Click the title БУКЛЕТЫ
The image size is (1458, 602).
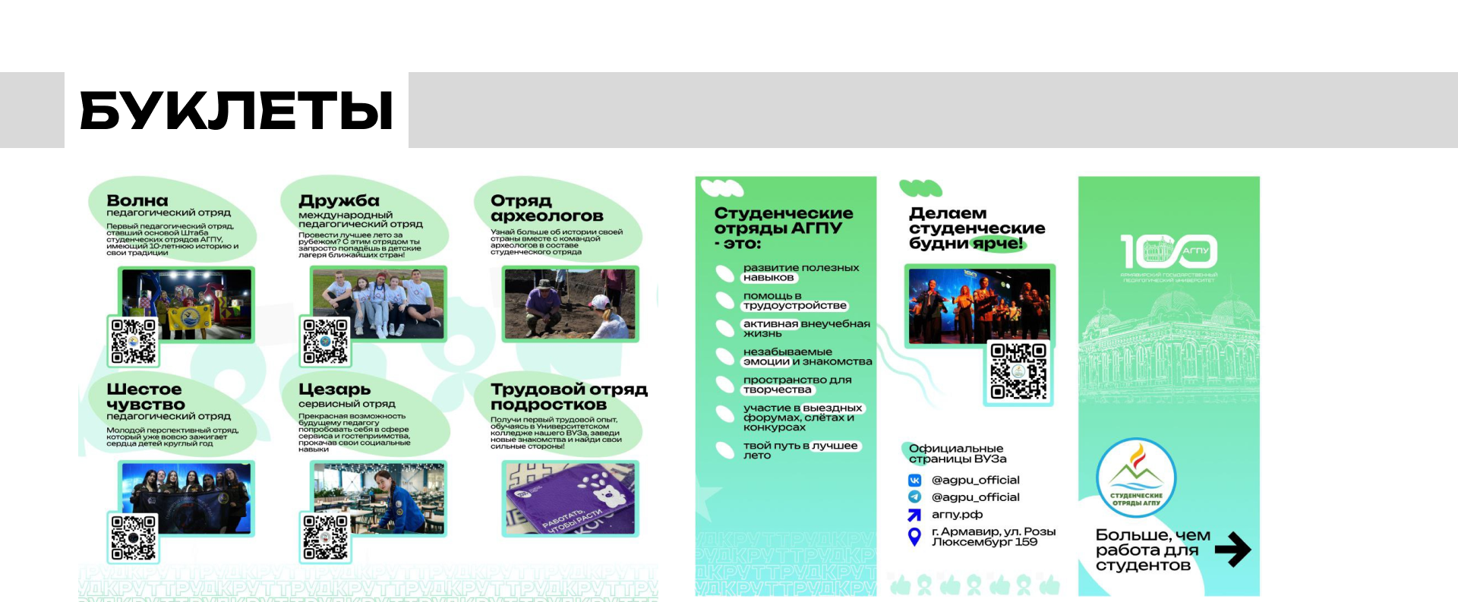(x=236, y=111)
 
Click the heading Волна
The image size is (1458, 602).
(x=137, y=200)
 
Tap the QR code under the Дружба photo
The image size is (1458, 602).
(x=326, y=341)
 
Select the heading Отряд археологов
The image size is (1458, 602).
(x=547, y=208)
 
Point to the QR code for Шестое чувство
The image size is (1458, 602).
(x=134, y=537)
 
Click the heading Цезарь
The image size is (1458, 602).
(x=335, y=389)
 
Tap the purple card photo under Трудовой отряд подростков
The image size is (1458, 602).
(x=570, y=498)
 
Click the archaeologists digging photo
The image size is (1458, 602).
(x=570, y=304)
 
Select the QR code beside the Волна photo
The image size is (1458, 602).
(x=134, y=341)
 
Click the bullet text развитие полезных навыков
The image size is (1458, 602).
(x=800, y=273)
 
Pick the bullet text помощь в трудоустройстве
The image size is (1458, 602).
(x=794, y=301)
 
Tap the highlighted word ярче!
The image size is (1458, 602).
(x=998, y=244)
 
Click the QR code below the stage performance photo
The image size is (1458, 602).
(x=1018, y=371)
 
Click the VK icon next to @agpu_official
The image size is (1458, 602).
(x=915, y=480)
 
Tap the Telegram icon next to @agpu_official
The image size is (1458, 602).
(x=915, y=496)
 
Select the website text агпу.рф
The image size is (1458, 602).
(x=957, y=514)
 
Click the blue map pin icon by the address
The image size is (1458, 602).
(x=915, y=537)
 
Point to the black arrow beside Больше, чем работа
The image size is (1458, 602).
(x=1232, y=550)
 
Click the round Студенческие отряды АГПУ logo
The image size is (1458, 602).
(x=1136, y=478)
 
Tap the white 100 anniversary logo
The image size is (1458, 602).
(x=1169, y=251)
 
